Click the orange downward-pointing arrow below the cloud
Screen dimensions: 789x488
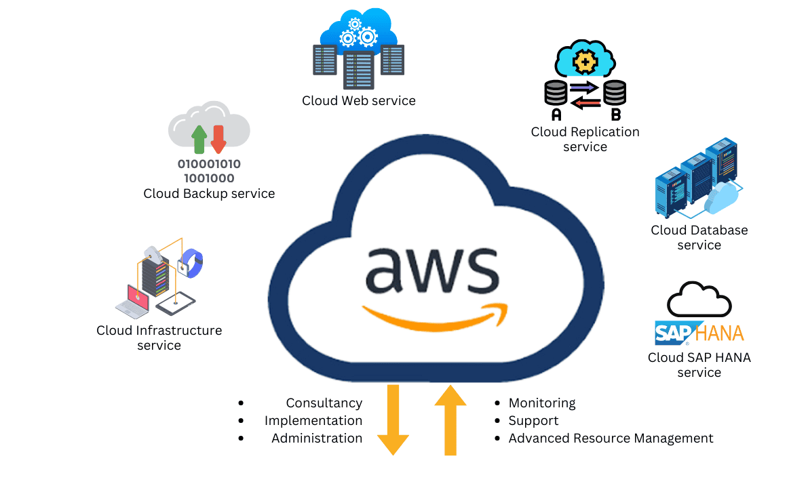(393, 420)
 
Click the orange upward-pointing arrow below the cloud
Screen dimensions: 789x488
(450, 420)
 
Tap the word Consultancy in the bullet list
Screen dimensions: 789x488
(324, 403)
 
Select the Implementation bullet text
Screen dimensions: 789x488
(313, 421)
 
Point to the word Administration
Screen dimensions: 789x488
(317, 439)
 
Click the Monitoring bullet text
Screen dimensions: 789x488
(542, 403)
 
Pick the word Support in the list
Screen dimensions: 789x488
(533, 421)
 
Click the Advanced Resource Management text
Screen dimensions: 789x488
(611, 439)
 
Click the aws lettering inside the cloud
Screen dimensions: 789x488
(433, 269)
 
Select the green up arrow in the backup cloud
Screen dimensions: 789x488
(199, 139)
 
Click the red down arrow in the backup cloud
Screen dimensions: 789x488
(218, 139)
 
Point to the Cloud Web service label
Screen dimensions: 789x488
(359, 100)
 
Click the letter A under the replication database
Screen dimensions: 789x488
(556, 115)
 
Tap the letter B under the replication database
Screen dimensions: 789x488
(616, 115)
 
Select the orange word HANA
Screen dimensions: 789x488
(720, 333)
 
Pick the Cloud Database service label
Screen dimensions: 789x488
(699, 237)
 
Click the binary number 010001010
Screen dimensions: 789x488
(210, 164)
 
